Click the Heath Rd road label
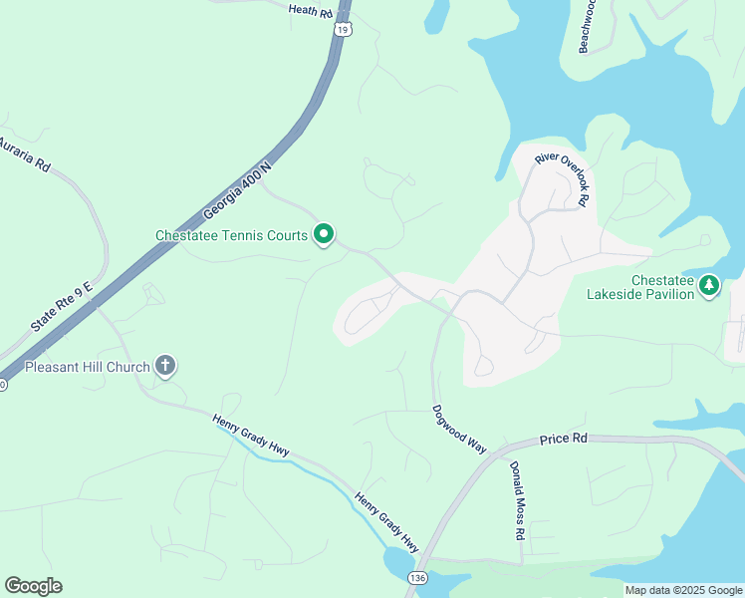[x=310, y=11]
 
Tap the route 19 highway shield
[x=343, y=30]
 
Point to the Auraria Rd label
[x=24, y=155]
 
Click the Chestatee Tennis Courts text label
[x=231, y=236]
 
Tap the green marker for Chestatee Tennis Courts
[x=324, y=235]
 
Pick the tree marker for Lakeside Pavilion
[x=709, y=286]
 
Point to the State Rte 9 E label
[x=61, y=307]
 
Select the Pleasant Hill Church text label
[x=88, y=367]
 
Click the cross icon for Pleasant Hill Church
[x=165, y=367]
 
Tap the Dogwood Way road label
[x=459, y=429]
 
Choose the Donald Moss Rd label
[x=517, y=500]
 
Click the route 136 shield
[x=417, y=578]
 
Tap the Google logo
[x=33, y=586]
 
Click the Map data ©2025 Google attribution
[x=683, y=590]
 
